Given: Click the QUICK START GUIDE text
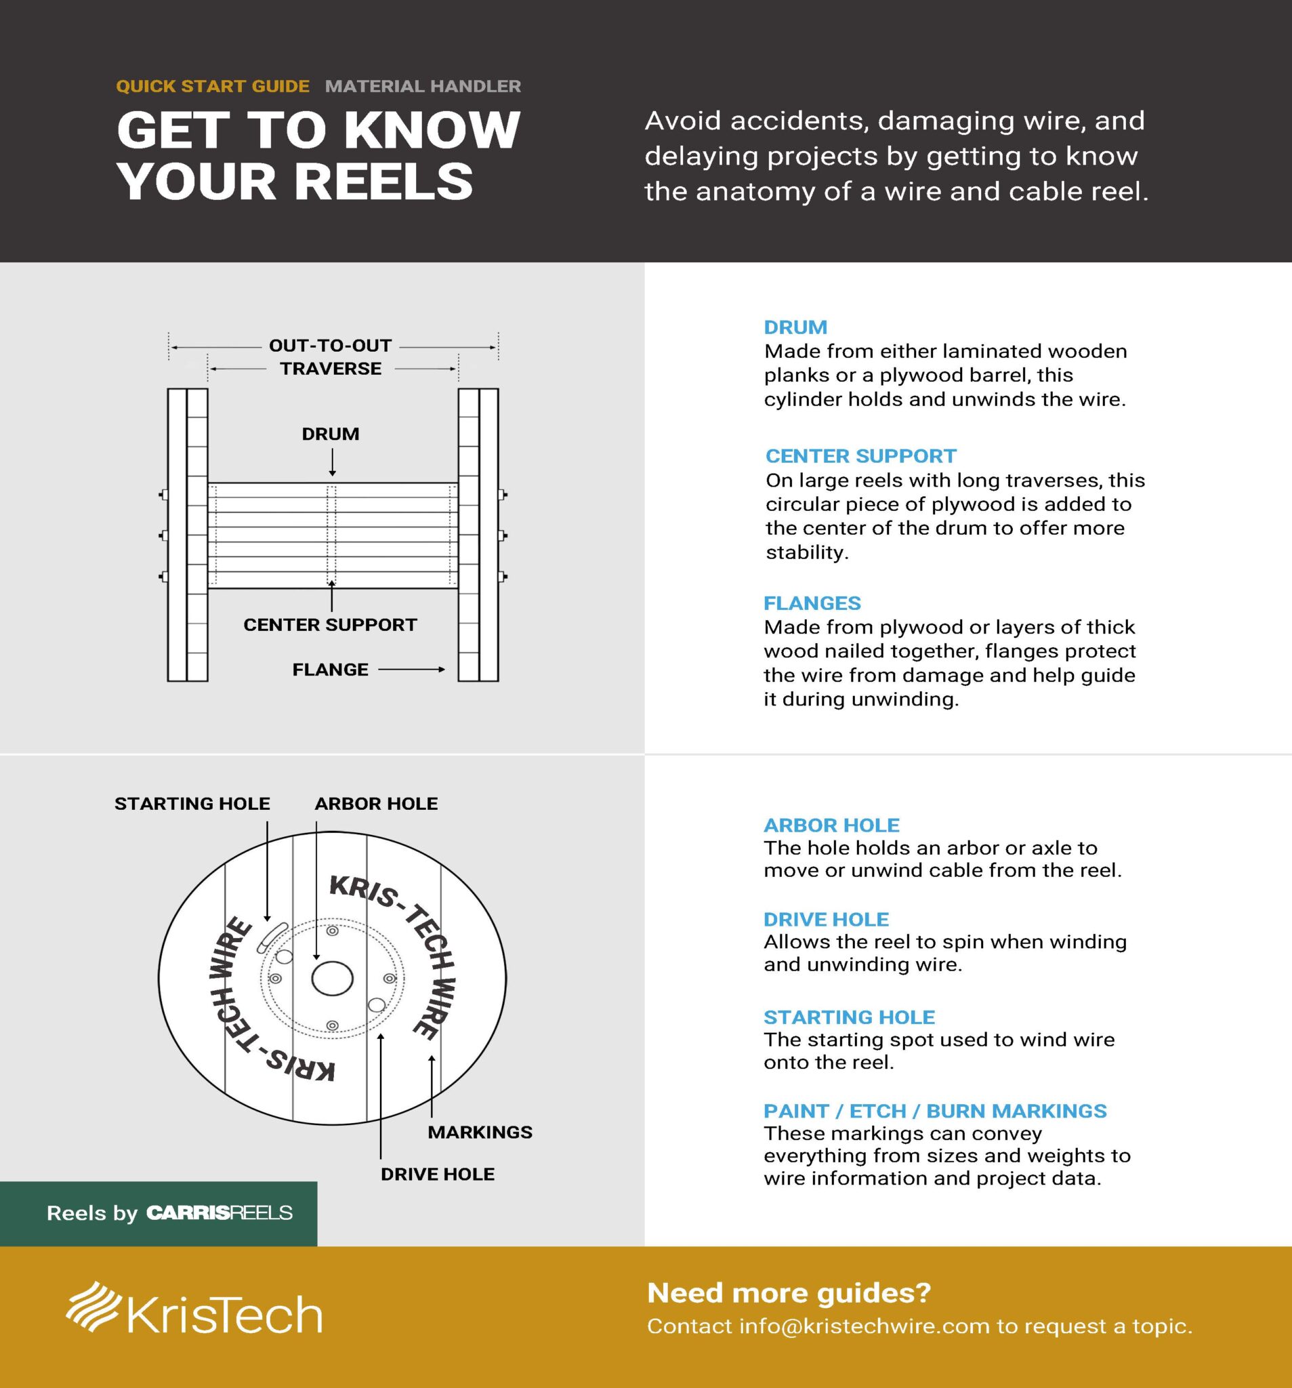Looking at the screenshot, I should (x=212, y=87).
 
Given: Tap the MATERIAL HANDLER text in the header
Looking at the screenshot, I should (x=423, y=87).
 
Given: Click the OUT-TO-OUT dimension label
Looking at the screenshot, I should (x=330, y=346).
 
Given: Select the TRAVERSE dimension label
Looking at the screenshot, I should (x=331, y=369).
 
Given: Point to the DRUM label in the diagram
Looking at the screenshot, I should (x=330, y=434).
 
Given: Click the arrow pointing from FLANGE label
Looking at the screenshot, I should (x=411, y=670).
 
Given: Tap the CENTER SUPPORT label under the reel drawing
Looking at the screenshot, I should (x=330, y=625).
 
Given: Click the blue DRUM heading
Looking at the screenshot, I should (x=795, y=327).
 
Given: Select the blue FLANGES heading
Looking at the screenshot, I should (x=812, y=603).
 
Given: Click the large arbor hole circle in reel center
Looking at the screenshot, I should (x=332, y=978).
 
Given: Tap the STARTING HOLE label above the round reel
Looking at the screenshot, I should (x=192, y=804).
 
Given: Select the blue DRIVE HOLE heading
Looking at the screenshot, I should (x=826, y=920).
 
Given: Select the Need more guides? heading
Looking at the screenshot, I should (x=789, y=1293).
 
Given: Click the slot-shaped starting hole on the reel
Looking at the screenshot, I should (x=272, y=937).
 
